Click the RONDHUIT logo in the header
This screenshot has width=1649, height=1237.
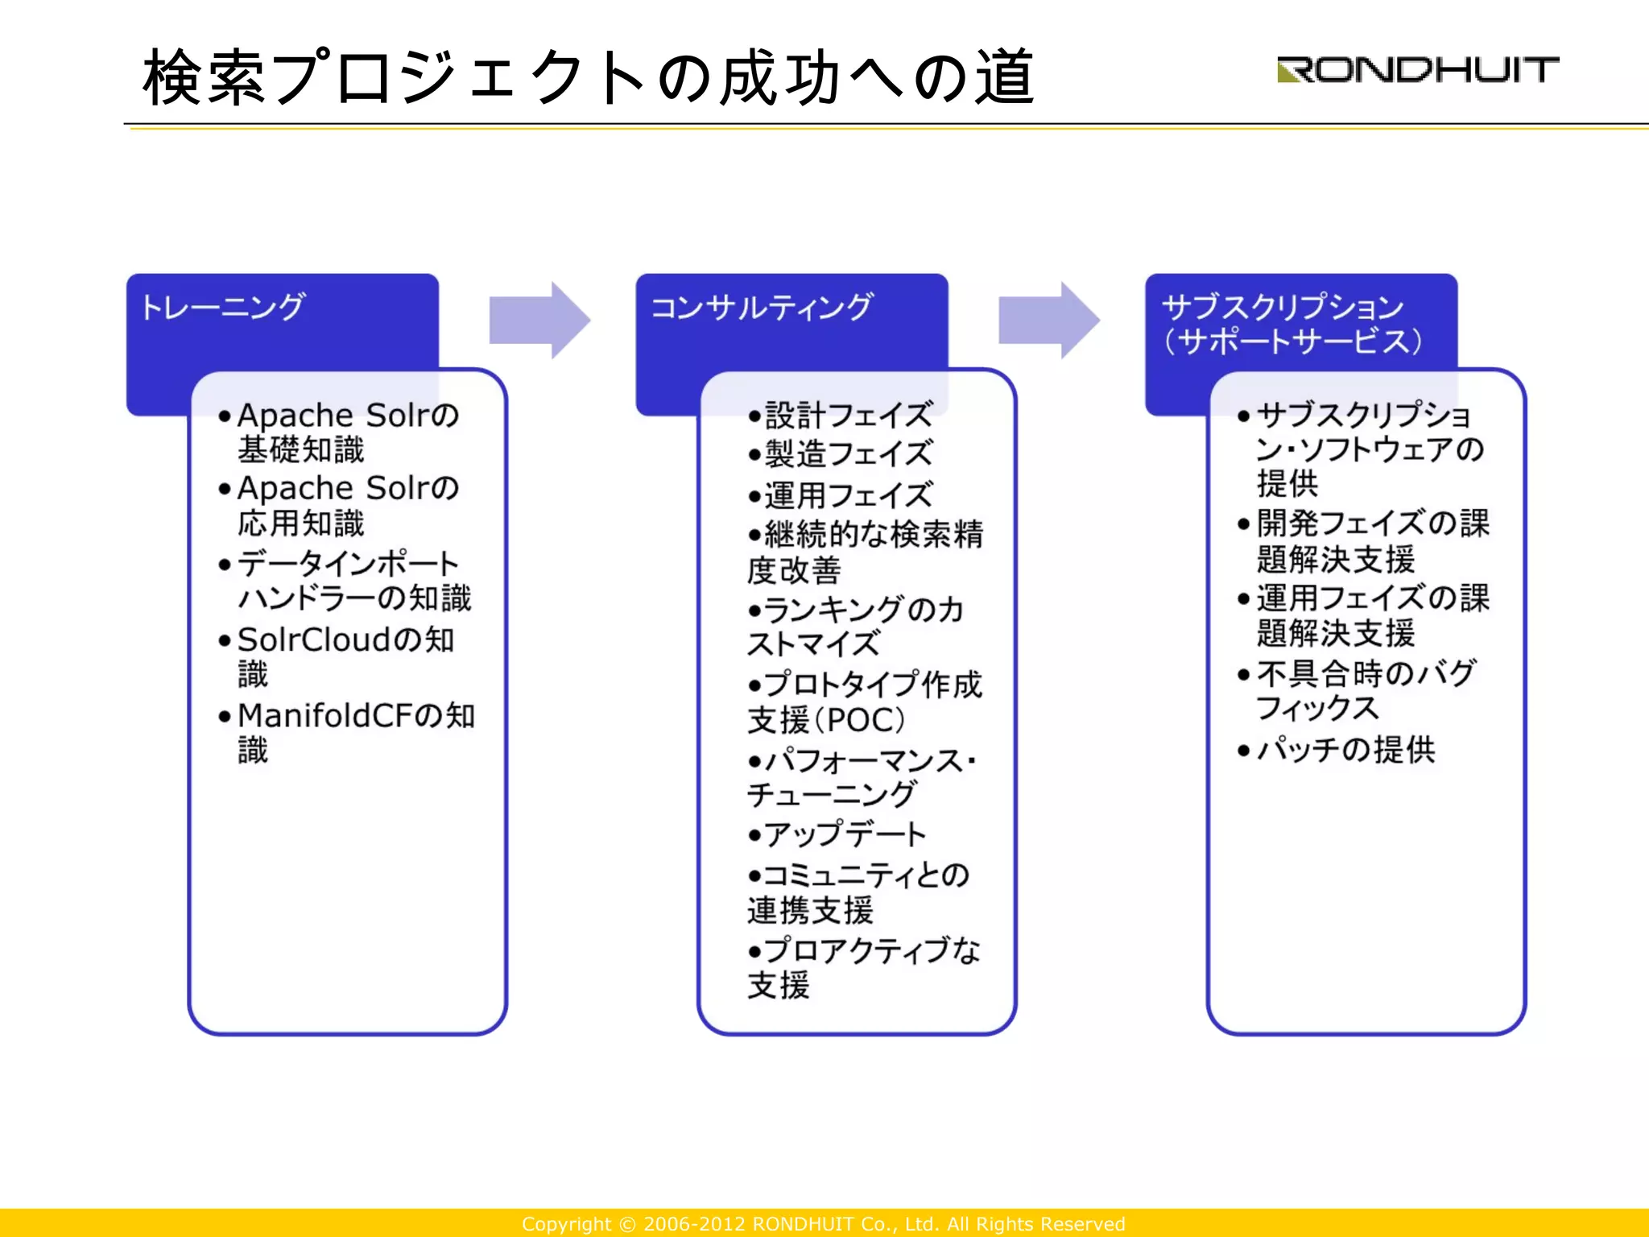1417,70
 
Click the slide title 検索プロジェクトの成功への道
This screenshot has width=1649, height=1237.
588,77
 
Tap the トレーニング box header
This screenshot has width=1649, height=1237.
222,308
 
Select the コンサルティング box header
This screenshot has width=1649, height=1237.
761,308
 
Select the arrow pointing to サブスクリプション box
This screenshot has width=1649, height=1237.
1048,320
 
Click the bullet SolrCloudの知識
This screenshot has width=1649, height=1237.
345,656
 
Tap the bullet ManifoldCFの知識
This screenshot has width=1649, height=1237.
355,731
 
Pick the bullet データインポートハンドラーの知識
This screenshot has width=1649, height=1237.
353,581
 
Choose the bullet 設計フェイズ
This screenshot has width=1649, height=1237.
848,416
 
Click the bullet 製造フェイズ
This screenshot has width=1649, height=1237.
848,454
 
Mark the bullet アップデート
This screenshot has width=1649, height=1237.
845,834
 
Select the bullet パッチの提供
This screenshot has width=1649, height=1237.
1345,750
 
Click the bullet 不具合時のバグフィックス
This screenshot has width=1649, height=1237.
1366,690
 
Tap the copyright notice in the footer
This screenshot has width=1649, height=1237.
823,1224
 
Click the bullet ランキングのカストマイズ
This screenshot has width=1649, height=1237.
854,627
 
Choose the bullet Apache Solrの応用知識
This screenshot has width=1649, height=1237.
347,506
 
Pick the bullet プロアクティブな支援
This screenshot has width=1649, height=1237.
863,967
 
